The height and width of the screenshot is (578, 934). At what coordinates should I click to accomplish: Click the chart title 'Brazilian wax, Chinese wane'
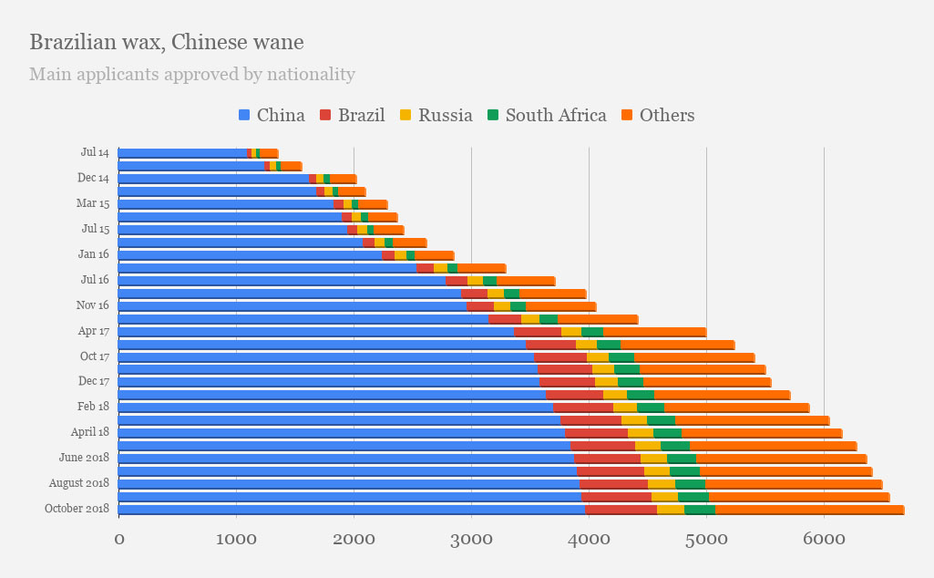pyautogui.click(x=167, y=43)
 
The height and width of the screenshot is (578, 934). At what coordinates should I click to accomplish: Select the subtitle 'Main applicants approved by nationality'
pyautogui.click(x=192, y=75)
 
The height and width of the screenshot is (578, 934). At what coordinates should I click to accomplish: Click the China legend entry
pyautogui.click(x=272, y=115)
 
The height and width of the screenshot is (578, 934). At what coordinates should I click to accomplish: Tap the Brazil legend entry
pyautogui.click(x=352, y=115)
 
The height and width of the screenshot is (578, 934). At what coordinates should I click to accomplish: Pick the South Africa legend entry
pyautogui.click(x=546, y=115)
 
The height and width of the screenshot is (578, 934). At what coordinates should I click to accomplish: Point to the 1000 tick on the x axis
pyautogui.click(x=236, y=540)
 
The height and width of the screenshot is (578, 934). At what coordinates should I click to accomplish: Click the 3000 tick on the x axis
pyautogui.click(x=471, y=540)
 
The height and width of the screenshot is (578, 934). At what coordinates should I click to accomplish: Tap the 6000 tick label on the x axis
pyautogui.click(x=824, y=540)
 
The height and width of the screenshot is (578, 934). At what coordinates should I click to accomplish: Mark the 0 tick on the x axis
pyautogui.click(x=118, y=540)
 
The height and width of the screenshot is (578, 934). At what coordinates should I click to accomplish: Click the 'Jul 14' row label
pyautogui.click(x=95, y=153)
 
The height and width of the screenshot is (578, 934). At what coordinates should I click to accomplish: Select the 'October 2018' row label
pyautogui.click(x=77, y=509)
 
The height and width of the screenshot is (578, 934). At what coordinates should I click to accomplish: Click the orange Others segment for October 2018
pyautogui.click(x=809, y=509)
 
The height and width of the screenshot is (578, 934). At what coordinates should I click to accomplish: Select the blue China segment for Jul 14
pyautogui.click(x=182, y=153)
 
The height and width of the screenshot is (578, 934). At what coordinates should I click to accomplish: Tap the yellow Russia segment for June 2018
pyautogui.click(x=653, y=459)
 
